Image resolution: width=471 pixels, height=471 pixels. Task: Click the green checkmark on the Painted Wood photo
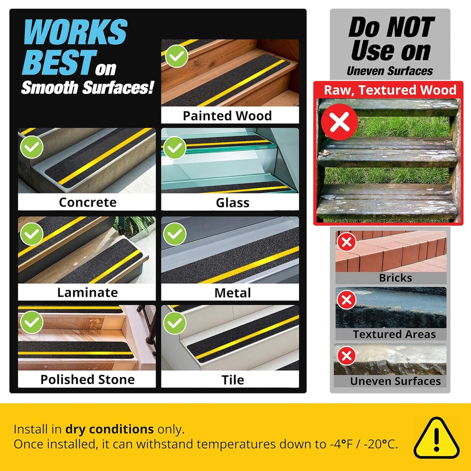pyautogui.click(x=176, y=56)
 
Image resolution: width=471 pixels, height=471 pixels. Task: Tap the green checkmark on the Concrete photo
pyautogui.click(x=32, y=147)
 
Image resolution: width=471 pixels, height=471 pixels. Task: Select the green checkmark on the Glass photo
pyautogui.click(x=175, y=148)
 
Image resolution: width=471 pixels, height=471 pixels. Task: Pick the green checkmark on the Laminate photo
pyautogui.click(x=32, y=233)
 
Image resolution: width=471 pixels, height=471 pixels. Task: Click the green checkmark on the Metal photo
pyautogui.click(x=175, y=233)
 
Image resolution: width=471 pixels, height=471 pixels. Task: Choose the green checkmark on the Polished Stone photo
pyautogui.click(x=32, y=322)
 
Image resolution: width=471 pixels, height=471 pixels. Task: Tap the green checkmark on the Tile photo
pyautogui.click(x=175, y=323)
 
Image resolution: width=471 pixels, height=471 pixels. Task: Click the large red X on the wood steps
pyautogui.click(x=340, y=122)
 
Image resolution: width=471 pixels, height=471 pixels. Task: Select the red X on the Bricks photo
pyautogui.click(x=346, y=242)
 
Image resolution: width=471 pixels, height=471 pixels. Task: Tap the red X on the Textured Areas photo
pyautogui.click(x=346, y=300)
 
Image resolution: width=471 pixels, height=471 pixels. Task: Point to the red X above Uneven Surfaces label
pyautogui.click(x=346, y=356)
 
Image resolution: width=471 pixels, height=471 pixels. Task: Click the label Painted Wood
pyautogui.click(x=227, y=116)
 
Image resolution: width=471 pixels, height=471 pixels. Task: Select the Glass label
pyautogui.click(x=233, y=203)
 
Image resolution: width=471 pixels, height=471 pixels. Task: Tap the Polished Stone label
pyautogui.click(x=87, y=380)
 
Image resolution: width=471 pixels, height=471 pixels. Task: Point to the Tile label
pyautogui.click(x=233, y=380)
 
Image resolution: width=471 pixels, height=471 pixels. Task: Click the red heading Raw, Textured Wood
pyautogui.click(x=390, y=90)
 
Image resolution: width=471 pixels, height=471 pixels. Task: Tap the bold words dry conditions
pyautogui.click(x=110, y=429)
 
